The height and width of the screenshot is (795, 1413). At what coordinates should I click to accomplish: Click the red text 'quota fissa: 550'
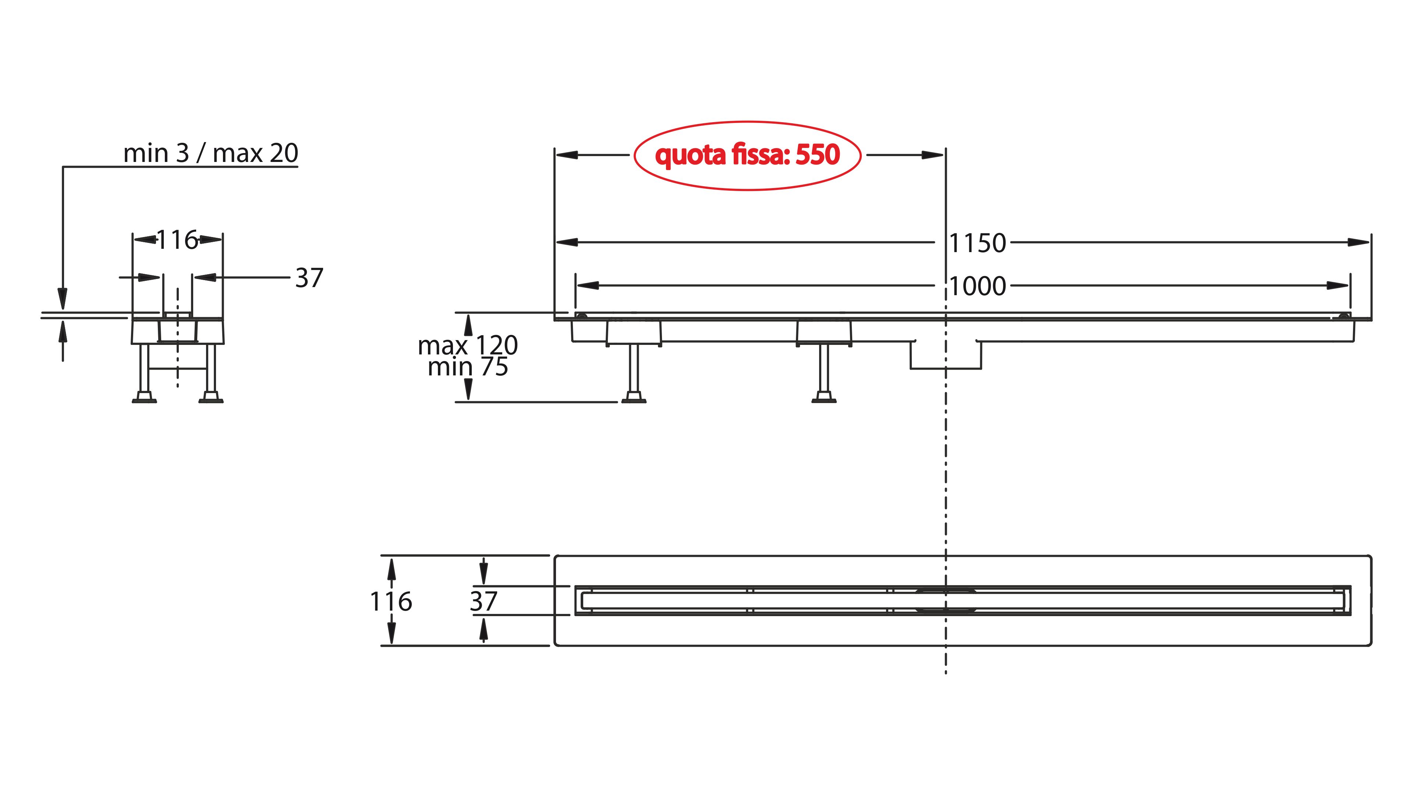(747, 155)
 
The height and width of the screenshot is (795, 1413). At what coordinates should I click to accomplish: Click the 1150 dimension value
(977, 243)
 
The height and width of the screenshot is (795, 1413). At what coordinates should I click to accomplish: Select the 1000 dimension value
(977, 286)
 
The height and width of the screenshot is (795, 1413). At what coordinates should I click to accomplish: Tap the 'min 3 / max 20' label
(210, 153)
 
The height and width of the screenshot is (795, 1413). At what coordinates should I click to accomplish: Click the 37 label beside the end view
(309, 278)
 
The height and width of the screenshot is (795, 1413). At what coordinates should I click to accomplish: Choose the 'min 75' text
(468, 367)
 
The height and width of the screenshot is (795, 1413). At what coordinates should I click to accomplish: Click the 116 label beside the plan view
(390, 601)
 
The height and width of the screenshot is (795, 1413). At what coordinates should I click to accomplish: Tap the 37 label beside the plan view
(483, 601)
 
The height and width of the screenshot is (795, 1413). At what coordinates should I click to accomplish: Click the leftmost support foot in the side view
(634, 397)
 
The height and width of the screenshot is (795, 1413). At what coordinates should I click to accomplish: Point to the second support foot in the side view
(824, 397)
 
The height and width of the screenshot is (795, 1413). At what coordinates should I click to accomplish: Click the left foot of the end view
(144, 397)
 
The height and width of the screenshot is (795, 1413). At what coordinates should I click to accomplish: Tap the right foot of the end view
(210, 397)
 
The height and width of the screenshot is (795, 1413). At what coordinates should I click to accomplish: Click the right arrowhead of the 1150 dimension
(1358, 242)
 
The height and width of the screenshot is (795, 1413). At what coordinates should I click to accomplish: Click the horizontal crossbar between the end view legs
(177, 368)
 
